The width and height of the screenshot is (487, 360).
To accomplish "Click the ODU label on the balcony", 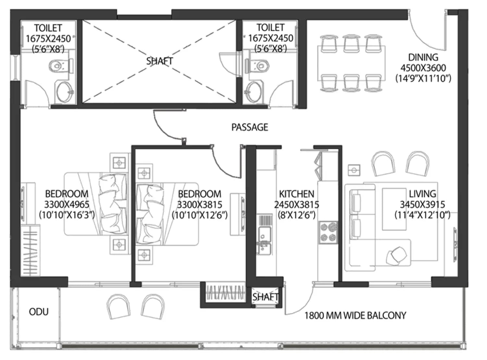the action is pos(39,312).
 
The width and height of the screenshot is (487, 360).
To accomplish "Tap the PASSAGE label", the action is pos(250,127).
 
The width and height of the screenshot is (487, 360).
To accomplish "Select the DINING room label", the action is pos(423,57).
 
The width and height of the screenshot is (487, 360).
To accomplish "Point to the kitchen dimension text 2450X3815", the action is pos(296,205).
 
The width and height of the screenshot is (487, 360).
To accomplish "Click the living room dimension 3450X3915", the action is pos(422,205).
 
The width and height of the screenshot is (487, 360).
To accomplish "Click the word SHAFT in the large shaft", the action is pos(159,61).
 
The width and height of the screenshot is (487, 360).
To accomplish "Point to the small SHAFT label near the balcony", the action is pos(266,297).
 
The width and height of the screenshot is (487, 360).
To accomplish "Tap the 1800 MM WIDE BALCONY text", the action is pos(355,316).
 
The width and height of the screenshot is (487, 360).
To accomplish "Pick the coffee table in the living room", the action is pos(394,209).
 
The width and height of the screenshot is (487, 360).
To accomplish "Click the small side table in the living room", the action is pos(354,170).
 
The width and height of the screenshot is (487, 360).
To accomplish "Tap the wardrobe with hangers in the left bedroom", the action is pos(31,250).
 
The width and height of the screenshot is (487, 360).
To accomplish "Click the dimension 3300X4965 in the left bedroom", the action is pos(67,205).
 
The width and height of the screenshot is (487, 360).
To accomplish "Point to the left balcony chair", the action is pos(118,306).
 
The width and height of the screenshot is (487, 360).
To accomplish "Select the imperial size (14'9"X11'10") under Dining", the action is pos(423,78).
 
